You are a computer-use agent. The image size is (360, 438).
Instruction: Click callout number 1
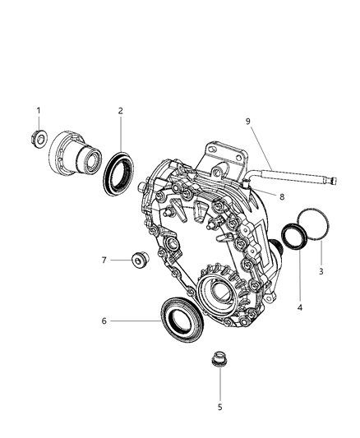pos(38,110)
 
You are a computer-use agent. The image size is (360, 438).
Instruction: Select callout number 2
pos(120,110)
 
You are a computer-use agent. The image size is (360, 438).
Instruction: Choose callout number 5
pos(219,406)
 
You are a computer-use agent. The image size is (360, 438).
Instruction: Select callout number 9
pos(247,121)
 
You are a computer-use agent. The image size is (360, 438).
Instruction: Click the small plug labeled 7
pos(140,261)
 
